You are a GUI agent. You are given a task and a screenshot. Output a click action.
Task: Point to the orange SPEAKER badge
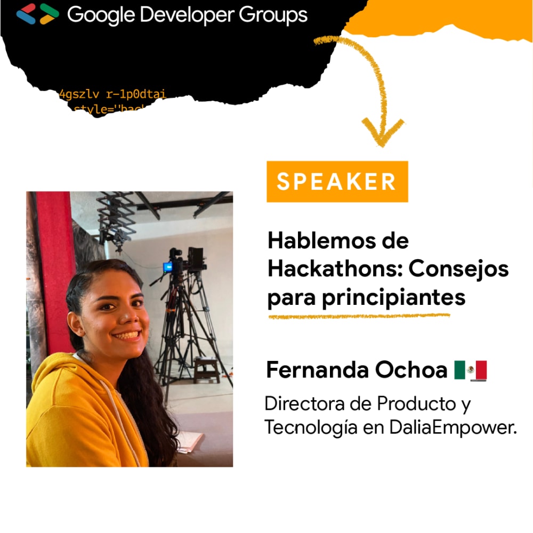pyautogui.click(x=337, y=182)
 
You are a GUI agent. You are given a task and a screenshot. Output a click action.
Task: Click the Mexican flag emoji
pyautogui.click(x=471, y=370)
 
